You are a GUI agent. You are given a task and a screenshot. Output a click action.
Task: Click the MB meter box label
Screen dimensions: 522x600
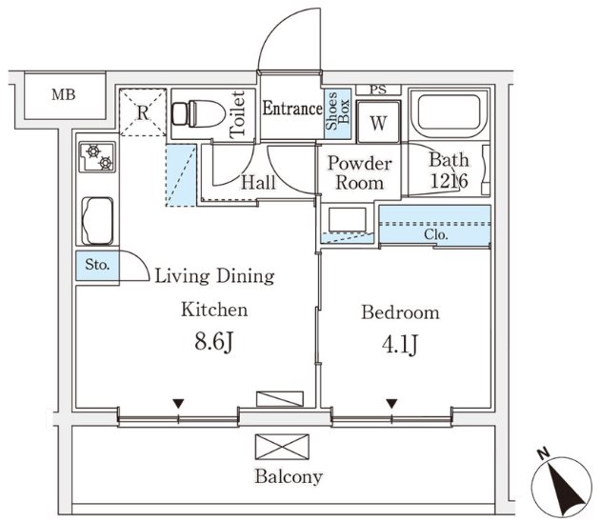(63, 94)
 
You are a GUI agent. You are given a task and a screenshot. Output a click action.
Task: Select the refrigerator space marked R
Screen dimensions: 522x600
(143, 112)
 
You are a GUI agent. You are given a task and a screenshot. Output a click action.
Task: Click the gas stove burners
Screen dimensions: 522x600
(97, 156)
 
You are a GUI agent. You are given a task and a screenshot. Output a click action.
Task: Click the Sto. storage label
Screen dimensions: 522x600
(97, 266)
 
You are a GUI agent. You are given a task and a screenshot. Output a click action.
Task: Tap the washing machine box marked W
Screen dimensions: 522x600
(378, 123)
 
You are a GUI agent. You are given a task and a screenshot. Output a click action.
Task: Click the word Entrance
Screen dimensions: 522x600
(291, 109)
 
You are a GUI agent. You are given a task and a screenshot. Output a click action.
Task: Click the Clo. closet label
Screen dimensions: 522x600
(436, 233)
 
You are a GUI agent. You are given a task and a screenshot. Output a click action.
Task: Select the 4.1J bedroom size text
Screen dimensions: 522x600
(400, 344)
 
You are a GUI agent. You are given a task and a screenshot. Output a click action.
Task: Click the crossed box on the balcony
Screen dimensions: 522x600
(283, 446)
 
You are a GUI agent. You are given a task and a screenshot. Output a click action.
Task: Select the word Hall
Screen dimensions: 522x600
(258, 182)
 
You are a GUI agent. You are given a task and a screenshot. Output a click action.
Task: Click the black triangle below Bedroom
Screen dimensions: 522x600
(391, 404)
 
